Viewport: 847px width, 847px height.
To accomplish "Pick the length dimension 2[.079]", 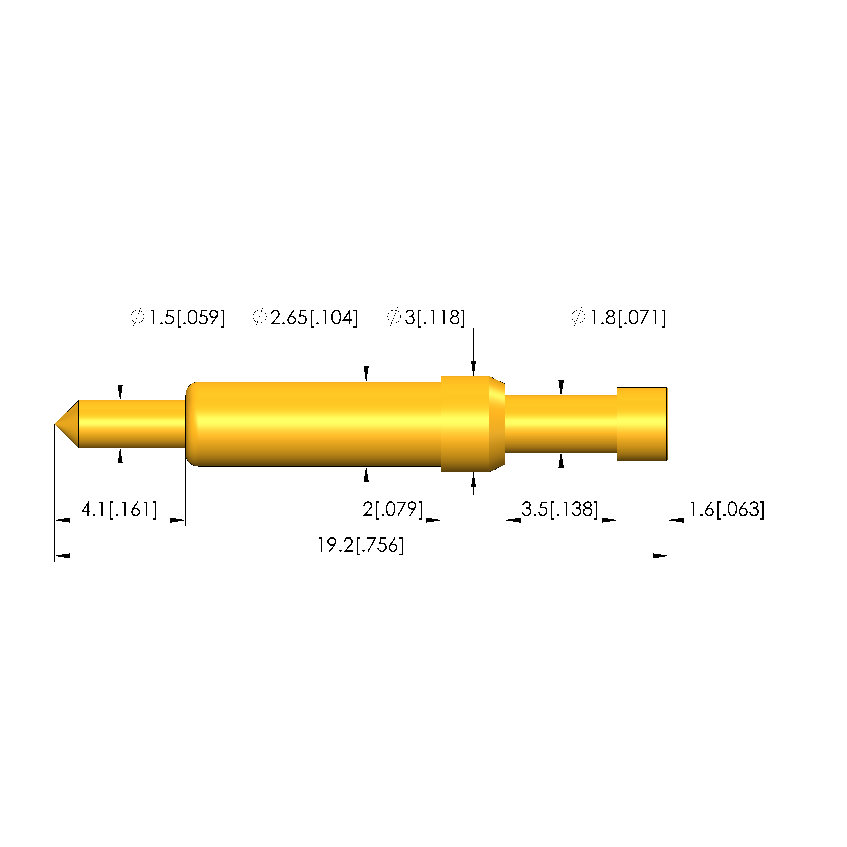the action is pos(393,509).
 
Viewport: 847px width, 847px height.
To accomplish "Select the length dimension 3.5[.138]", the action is pos(560,509).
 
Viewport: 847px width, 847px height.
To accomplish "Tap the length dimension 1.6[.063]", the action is pos(727,509).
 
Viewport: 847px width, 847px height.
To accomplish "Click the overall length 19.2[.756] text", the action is pos(360,545).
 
